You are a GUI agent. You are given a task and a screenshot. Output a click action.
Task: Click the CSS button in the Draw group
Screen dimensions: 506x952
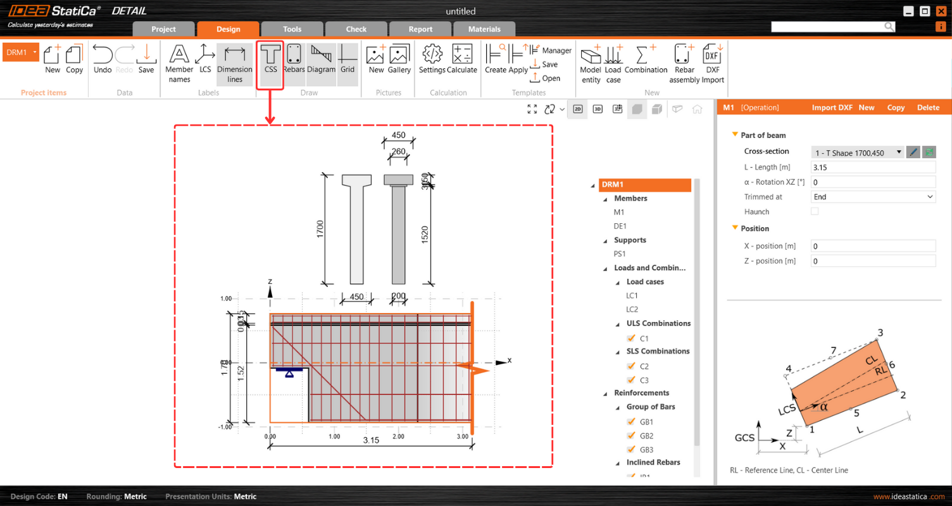coord(270,60)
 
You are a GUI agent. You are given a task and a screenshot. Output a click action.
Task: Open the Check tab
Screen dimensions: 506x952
coord(356,29)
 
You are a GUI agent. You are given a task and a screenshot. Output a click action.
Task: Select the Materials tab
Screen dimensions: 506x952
coord(484,29)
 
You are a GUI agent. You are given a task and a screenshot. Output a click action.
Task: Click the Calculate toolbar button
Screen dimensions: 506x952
coord(462,60)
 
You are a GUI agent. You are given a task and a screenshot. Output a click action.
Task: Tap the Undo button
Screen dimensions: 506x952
coord(103,60)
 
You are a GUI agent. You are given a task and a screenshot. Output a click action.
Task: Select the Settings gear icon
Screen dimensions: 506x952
coord(432,60)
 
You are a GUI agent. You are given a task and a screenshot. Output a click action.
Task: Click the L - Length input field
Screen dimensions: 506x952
coord(872,168)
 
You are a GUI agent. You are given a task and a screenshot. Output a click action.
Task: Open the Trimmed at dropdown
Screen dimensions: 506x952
coord(872,197)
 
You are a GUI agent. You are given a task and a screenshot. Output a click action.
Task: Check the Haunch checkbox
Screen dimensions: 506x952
coord(815,212)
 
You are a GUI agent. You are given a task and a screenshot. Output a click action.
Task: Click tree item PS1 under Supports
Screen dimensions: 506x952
coord(620,254)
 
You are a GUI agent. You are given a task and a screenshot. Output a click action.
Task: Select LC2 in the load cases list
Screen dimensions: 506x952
coord(632,309)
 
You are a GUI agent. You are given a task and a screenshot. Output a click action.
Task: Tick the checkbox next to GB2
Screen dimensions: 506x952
coord(631,436)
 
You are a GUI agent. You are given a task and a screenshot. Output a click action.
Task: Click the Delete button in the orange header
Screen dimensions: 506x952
coord(928,108)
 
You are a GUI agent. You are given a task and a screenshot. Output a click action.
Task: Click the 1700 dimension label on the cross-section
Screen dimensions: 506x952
coord(320,229)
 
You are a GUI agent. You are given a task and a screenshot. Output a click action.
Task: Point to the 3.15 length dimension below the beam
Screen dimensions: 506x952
coord(371,440)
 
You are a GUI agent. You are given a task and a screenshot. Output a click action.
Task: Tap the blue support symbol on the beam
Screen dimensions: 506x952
coord(289,373)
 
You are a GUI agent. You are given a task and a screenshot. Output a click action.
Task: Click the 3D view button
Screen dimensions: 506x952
coord(598,109)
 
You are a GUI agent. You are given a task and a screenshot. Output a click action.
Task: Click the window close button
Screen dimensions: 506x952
coord(940,11)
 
